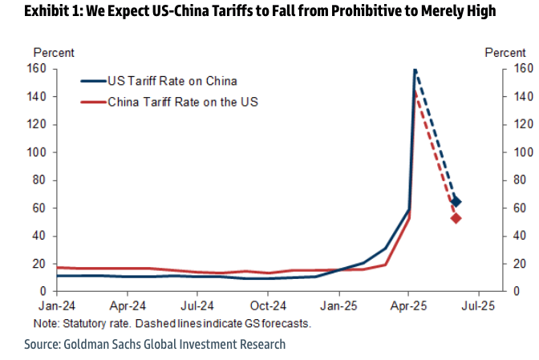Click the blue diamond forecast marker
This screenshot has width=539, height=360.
pyautogui.click(x=456, y=202)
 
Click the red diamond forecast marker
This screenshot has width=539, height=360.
pyautogui.click(x=456, y=218)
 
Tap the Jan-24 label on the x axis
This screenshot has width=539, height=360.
pyautogui.click(x=57, y=305)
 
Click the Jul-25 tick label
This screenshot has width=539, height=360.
pyautogui.click(x=479, y=305)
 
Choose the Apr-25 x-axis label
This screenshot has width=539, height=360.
pyautogui.click(x=408, y=305)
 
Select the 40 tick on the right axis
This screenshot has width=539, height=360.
pyautogui.click(x=516, y=236)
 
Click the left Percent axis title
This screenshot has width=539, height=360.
pyautogui.click(x=54, y=53)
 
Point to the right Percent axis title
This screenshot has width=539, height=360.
pyautogui.click(x=505, y=53)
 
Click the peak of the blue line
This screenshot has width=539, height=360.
pyautogui.click(x=415, y=70)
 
